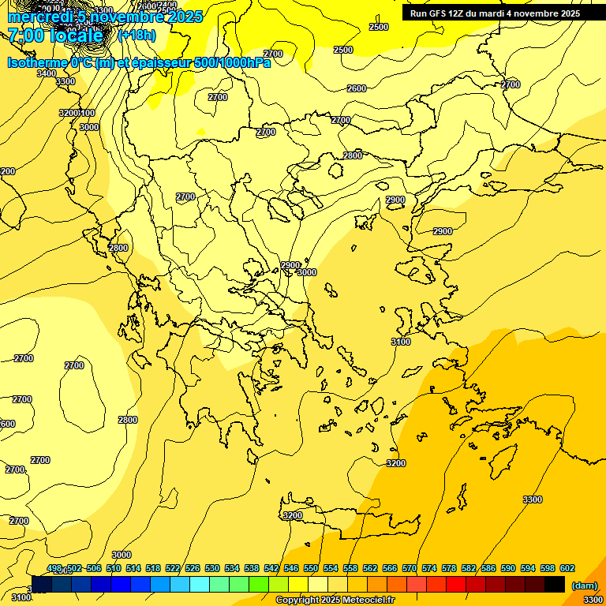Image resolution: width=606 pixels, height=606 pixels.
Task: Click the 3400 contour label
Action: coord(47,73)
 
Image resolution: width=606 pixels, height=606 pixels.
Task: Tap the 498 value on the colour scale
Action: coord(54,569)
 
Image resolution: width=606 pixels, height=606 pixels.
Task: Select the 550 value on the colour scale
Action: coord(311,569)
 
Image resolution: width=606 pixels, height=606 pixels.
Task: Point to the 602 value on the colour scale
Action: coord(567,569)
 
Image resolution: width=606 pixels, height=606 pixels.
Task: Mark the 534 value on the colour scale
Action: coord(232,569)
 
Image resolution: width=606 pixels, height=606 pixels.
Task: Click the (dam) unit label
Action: coord(584,585)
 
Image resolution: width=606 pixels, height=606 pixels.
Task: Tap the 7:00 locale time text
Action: coord(55,36)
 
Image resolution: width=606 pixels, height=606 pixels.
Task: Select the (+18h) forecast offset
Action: coord(137,36)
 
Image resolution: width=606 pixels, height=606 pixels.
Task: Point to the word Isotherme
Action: coord(36,63)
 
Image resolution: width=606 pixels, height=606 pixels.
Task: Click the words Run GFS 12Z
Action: coord(439,13)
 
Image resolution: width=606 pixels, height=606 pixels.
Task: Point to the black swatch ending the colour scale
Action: coord(555,584)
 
